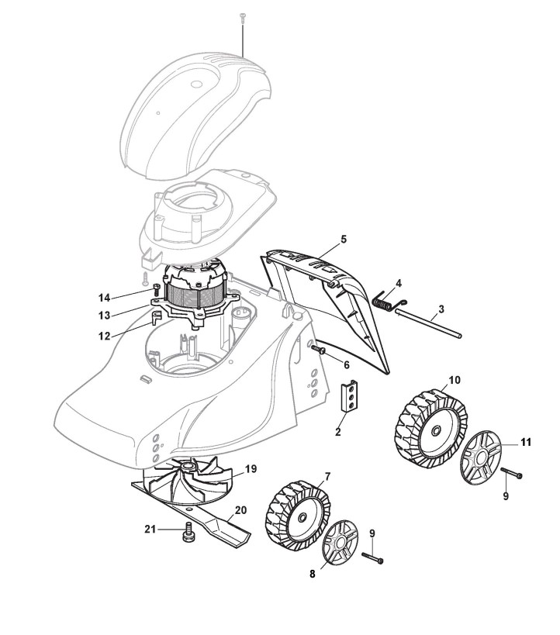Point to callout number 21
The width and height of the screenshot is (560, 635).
(x=151, y=528)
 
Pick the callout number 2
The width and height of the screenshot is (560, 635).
(x=338, y=432)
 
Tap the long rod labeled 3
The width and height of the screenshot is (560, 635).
(x=434, y=323)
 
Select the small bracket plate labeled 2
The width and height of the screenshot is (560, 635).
(x=352, y=397)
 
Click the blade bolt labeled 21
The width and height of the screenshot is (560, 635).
(x=187, y=534)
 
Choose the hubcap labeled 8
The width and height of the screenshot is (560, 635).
(x=339, y=542)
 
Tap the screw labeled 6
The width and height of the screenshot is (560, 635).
(x=316, y=350)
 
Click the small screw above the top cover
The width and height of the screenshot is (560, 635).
(x=243, y=17)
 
